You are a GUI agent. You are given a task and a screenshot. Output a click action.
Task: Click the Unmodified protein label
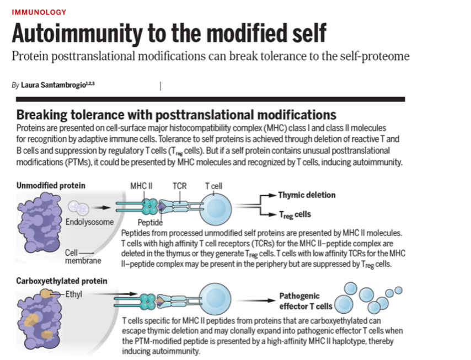click(51, 186)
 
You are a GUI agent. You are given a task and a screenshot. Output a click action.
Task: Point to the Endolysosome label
click(89, 222)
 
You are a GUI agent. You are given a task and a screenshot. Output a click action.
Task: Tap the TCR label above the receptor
click(179, 186)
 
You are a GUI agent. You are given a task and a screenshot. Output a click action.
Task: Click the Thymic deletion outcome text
click(307, 195)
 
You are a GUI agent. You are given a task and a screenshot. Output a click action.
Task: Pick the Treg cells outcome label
click(295, 214)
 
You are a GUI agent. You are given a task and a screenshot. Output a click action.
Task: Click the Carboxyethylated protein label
click(62, 281)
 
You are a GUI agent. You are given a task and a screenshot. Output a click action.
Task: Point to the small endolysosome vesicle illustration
click(78, 208)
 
